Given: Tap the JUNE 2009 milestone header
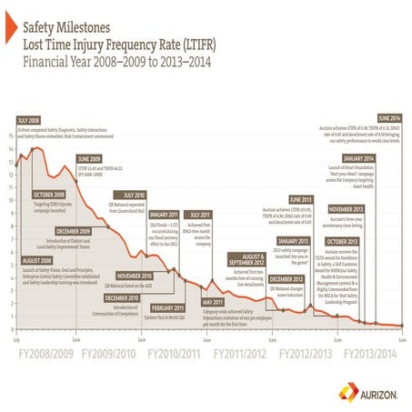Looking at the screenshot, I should pos(88,158).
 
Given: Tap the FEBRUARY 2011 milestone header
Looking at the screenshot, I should pos(165,307).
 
